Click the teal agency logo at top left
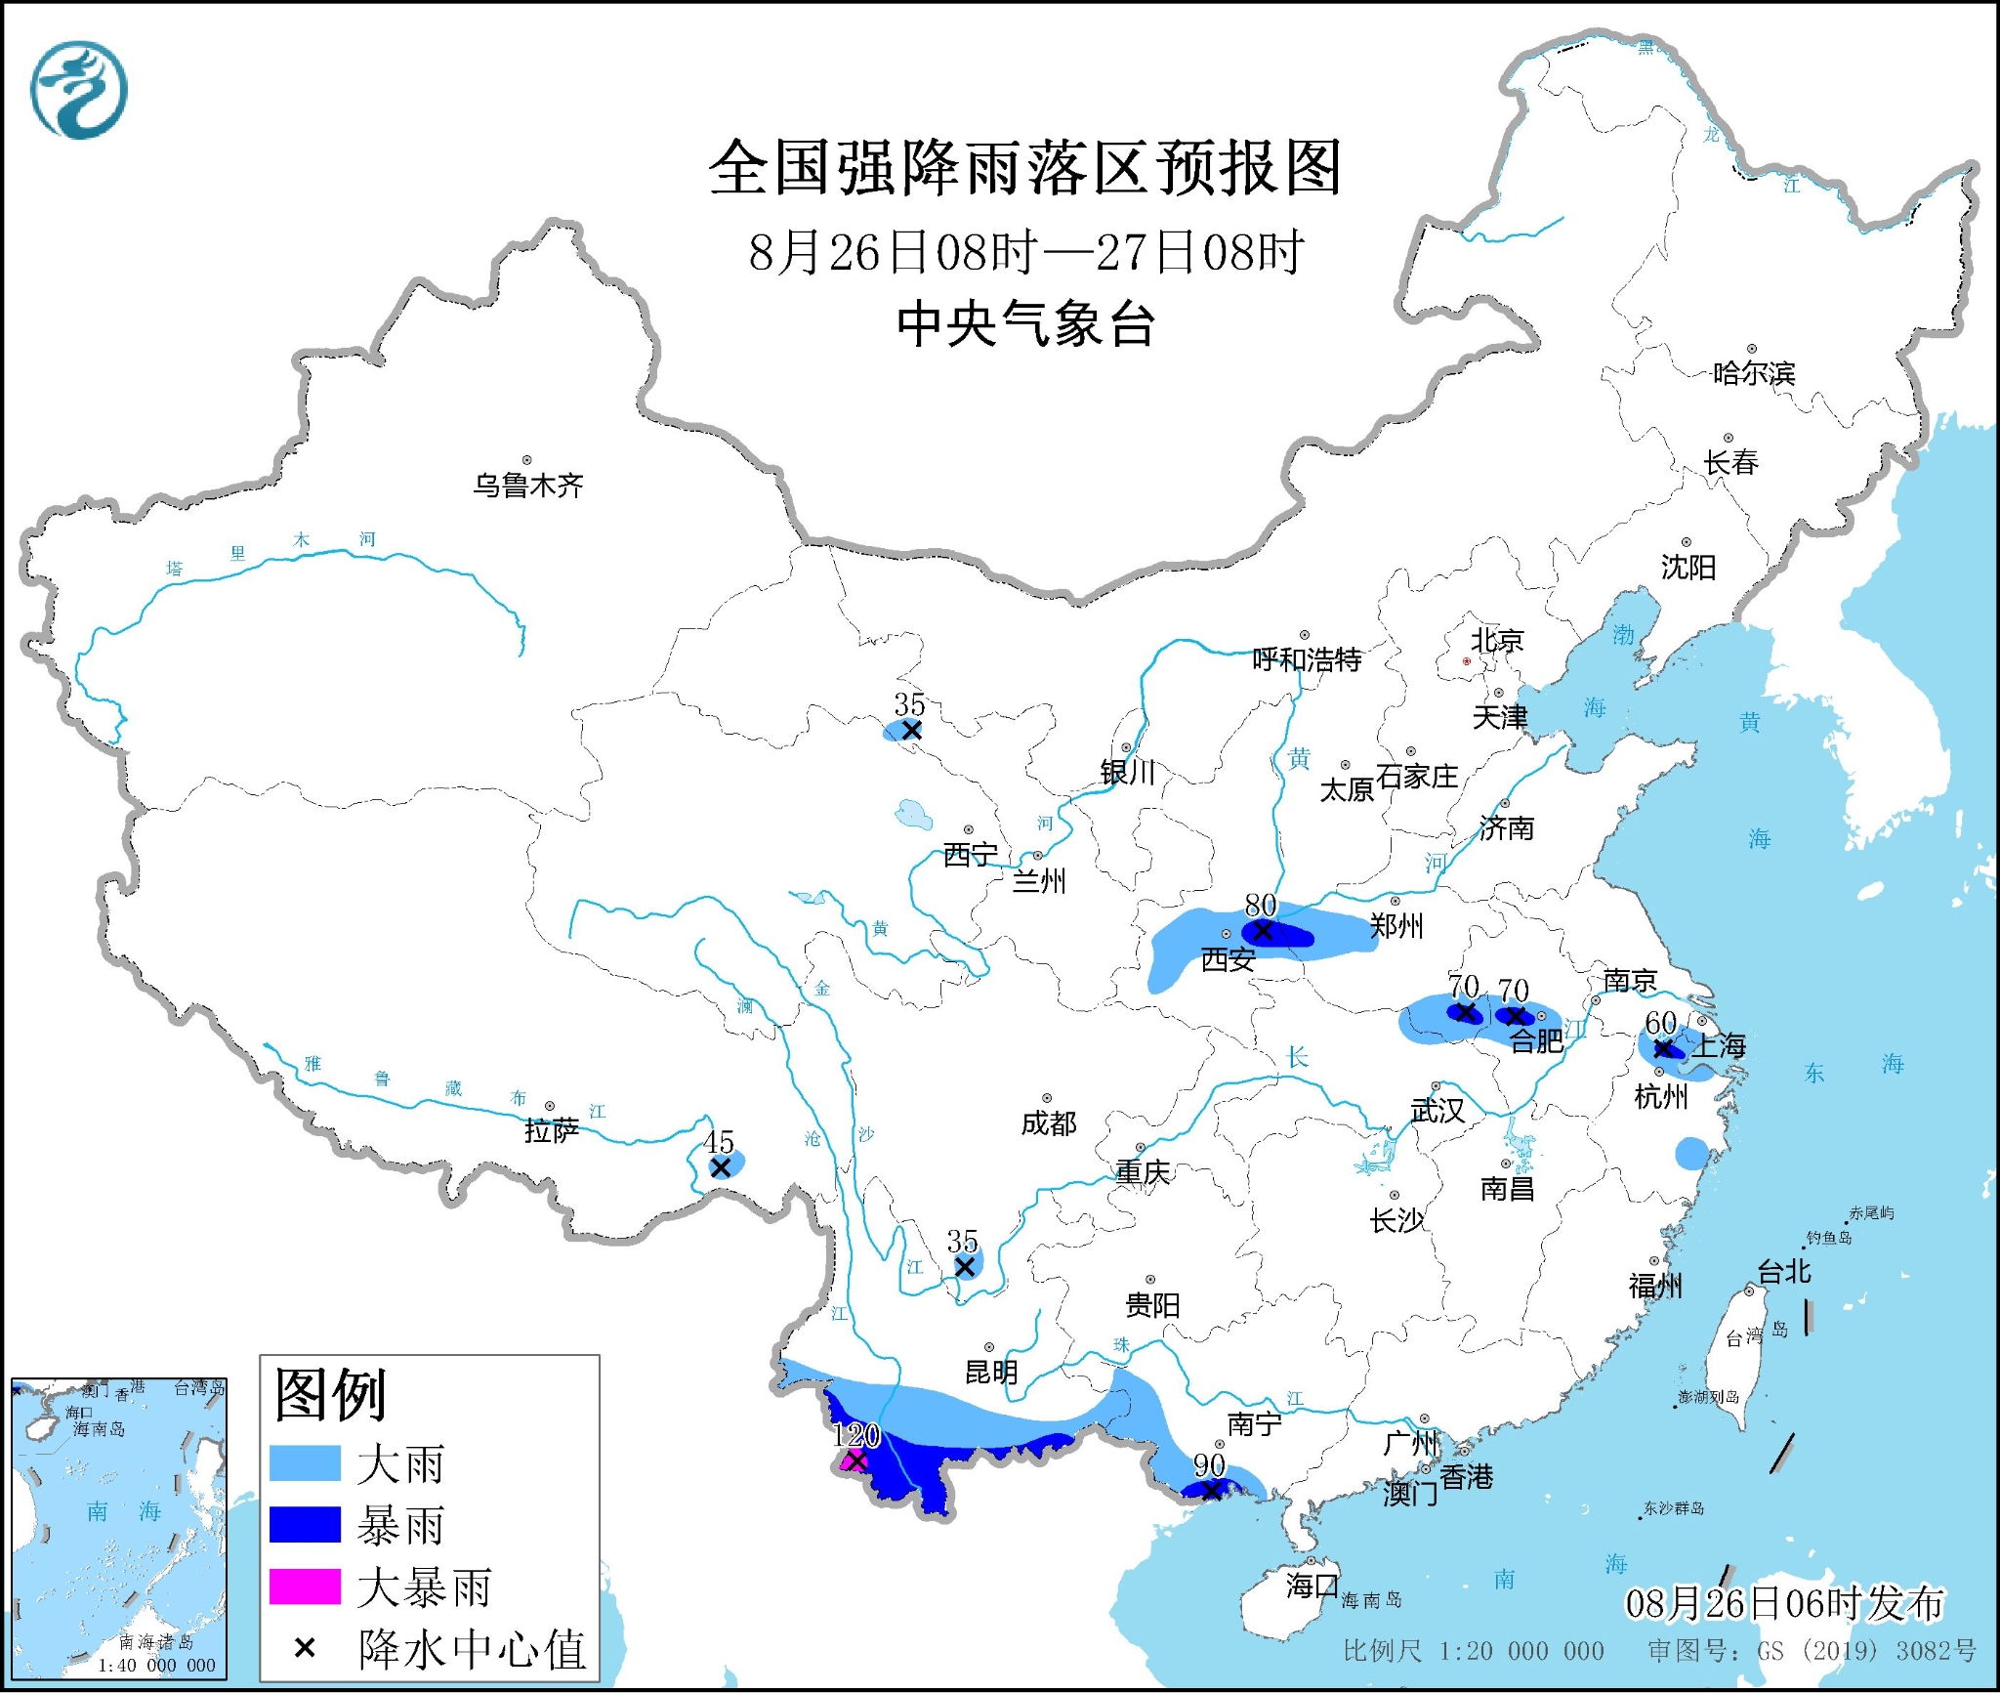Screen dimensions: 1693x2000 [x=79, y=90]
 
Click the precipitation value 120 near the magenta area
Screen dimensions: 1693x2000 [x=856, y=1435]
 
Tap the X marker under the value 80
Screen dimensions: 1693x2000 [x=1263, y=931]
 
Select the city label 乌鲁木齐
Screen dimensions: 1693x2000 [x=528, y=486]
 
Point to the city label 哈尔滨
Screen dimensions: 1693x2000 [x=1754, y=373]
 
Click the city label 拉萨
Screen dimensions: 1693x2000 [x=552, y=1130]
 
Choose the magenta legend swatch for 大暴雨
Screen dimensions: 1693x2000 [x=305, y=1587]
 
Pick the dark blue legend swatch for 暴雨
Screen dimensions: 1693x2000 [x=305, y=1525]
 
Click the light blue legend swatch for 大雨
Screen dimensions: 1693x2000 [x=305, y=1463]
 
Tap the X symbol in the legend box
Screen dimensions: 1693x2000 [x=305, y=1649]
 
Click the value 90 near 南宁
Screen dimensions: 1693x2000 [x=1209, y=1465]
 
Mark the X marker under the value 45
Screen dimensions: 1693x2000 [x=721, y=1167]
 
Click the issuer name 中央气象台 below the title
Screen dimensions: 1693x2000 [x=1026, y=324]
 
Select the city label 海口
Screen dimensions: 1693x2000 [x=1312, y=1586]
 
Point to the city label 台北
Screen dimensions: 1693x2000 [x=1784, y=1271]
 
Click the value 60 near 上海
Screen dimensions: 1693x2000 [x=1660, y=1023]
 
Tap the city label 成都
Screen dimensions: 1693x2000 [x=1049, y=1123]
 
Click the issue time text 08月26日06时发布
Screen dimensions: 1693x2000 [x=1784, y=1603]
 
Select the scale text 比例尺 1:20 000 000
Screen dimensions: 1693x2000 [x=1473, y=1651]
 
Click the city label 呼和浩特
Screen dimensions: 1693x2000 [x=1307, y=660]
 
